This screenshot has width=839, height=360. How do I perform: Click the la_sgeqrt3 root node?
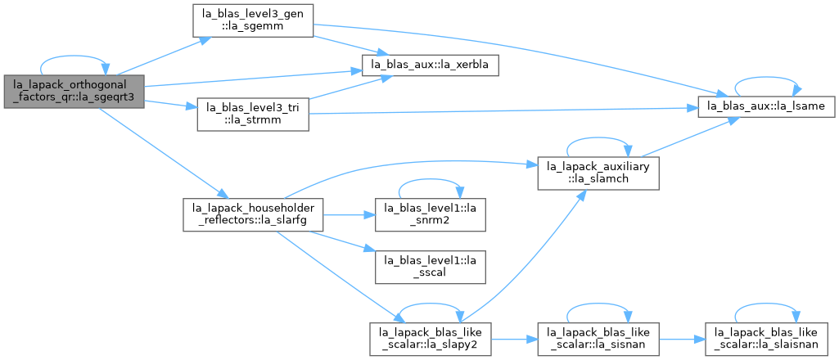[x=74, y=92]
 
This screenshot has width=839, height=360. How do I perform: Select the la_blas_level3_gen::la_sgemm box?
[x=253, y=20]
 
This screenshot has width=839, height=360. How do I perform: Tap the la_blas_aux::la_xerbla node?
[x=431, y=65]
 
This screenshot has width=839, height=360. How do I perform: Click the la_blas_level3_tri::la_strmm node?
[x=253, y=114]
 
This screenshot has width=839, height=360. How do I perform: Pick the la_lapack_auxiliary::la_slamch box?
[x=598, y=173]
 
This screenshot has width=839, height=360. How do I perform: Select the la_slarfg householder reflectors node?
[x=253, y=214]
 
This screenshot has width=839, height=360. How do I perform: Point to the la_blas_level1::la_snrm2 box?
[x=431, y=214]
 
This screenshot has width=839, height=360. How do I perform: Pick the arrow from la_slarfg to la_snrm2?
[x=349, y=214]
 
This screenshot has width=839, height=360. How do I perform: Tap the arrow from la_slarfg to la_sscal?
[x=341, y=241]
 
